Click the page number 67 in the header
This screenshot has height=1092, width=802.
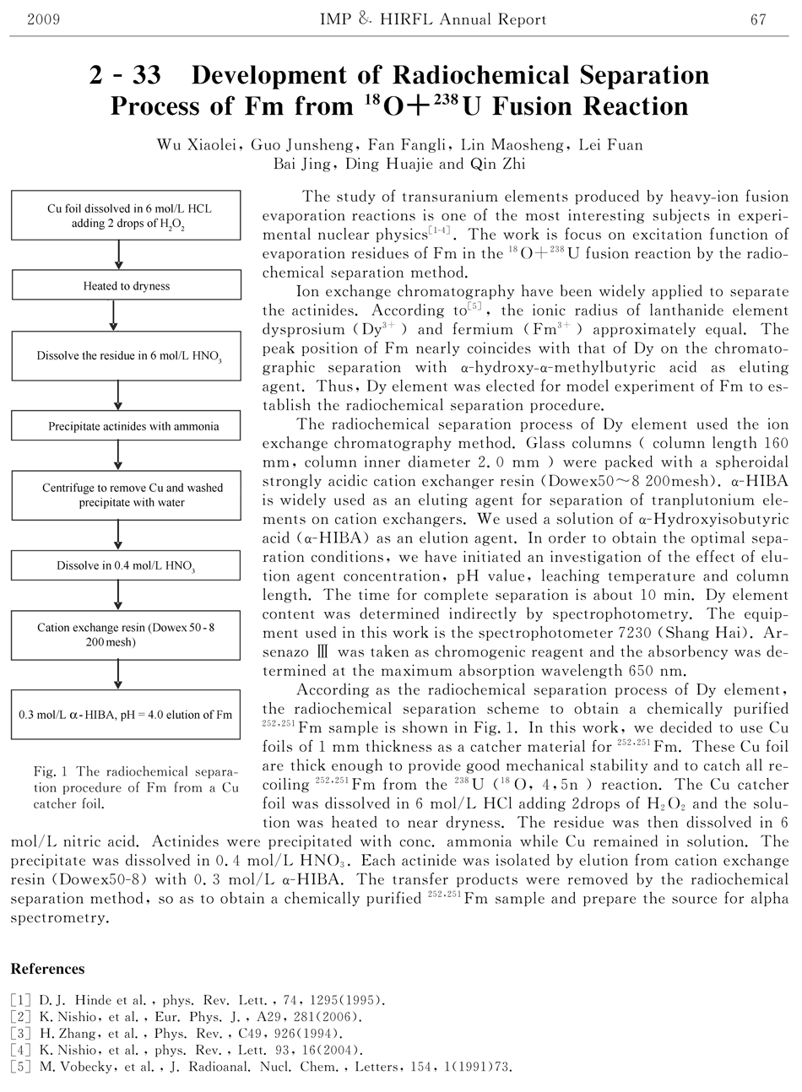(x=757, y=19)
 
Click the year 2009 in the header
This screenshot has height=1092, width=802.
(x=43, y=19)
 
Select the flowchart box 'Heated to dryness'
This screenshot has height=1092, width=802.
(x=126, y=286)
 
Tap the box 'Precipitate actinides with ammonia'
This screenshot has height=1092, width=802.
(x=126, y=426)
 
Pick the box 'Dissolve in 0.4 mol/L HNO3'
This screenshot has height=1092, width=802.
(x=126, y=565)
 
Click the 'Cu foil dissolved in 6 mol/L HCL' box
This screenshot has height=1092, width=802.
(x=126, y=215)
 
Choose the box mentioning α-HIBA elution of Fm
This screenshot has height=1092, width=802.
(x=126, y=715)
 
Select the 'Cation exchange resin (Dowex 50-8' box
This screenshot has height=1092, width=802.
(x=126, y=635)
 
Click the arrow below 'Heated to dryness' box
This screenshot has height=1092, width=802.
(x=113, y=316)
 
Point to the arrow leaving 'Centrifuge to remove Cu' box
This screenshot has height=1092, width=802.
(x=118, y=534)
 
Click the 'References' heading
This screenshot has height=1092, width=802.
(x=47, y=968)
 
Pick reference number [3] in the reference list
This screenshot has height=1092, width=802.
(x=21, y=1033)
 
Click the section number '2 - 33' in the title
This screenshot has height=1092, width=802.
(x=125, y=76)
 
